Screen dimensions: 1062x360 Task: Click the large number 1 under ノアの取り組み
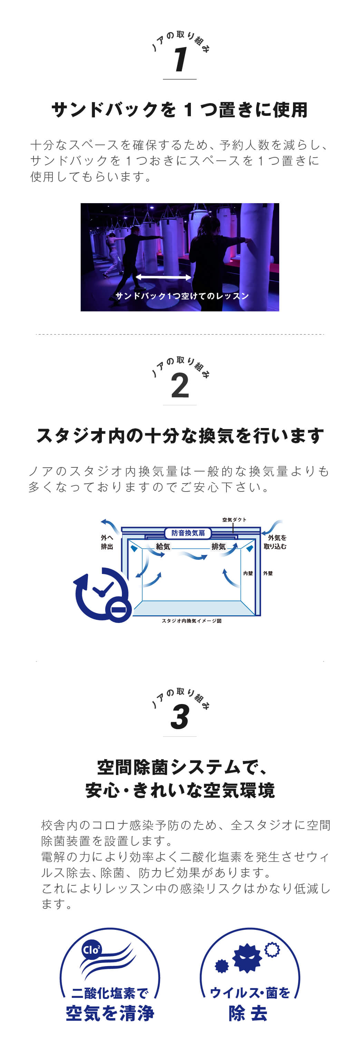(x=180, y=59)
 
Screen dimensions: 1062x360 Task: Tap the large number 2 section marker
(x=180, y=386)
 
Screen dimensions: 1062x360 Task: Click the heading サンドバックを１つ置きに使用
(x=180, y=110)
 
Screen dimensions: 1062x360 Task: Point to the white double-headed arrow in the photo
(x=163, y=277)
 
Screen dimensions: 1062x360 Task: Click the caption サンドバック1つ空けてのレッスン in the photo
(x=182, y=296)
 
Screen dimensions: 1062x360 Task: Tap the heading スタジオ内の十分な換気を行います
(x=180, y=436)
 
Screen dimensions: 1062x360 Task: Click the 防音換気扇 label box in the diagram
(x=188, y=533)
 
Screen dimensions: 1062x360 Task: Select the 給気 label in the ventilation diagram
(x=163, y=546)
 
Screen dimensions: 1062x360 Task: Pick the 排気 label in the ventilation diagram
(x=218, y=546)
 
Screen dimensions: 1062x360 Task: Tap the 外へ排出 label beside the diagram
(x=107, y=542)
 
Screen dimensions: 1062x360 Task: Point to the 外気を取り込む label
(x=275, y=542)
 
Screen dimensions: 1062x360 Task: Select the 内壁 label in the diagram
(x=248, y=573)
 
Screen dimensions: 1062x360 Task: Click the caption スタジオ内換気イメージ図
(x=191, y=621)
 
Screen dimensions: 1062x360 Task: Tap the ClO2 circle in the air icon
(x=91, y=950)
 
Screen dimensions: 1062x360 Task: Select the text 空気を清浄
(x=110, y=1013)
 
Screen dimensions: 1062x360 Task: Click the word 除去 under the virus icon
(x=248, y=1013)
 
